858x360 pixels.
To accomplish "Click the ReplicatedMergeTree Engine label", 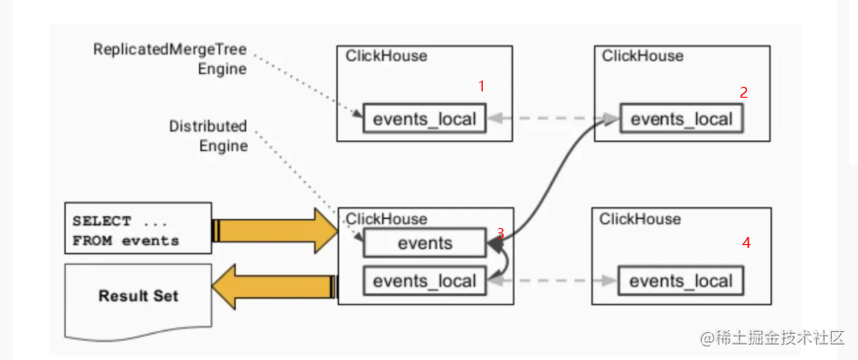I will pos(170,59).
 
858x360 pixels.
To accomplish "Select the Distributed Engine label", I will pos(208,136).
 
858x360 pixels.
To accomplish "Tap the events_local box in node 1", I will pos(424,119).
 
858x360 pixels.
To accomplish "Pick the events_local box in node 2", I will pos(682,119).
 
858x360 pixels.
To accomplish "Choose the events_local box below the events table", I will pos(424,280).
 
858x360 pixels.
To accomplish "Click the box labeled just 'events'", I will pos(424,242).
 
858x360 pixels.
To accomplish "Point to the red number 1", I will pos(481,86).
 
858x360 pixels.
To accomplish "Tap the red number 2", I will pos(743,91).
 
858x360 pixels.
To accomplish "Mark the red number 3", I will pos(500,233).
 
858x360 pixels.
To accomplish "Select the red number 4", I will pos(746,242).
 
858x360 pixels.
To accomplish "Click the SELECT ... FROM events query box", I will pos(137,230).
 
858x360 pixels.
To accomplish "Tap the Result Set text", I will pos(138,296).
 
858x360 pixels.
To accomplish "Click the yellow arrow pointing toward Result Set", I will pos(276,287).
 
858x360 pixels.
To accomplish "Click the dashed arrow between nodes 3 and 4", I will pos(552,281).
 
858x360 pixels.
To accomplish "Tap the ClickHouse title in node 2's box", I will pos(643,56).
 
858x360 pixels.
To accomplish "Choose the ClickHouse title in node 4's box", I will pos(640,219).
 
